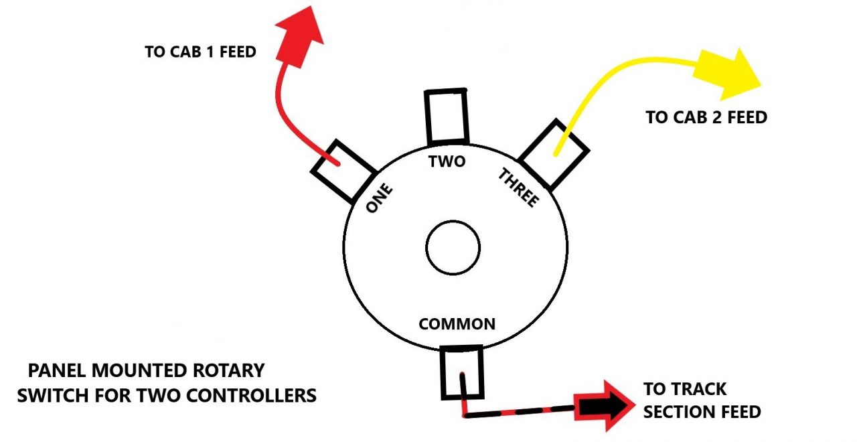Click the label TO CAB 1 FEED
tap(200, 52)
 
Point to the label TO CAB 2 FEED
tap(706, 118)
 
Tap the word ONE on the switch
tap(379, 199)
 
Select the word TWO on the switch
tap(447, 161)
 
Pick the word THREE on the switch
tap(518, 188)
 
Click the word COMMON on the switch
tap(457, 324)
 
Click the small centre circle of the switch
tap(453, 248)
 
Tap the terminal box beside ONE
tap(341, 171)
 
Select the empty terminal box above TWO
tap(446, 116)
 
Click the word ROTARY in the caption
tap(227, 370)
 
